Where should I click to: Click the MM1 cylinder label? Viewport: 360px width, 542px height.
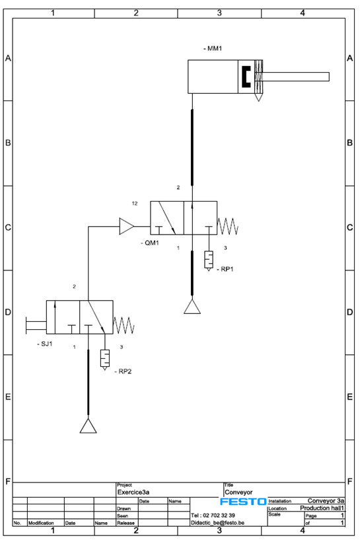tap(213, 48)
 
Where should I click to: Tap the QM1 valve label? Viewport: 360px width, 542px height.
tap(150, 243)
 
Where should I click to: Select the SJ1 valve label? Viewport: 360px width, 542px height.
tap(45, 344)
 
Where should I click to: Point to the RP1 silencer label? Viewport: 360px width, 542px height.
tap(225, 269)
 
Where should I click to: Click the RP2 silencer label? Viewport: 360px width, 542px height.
tap(123, 371)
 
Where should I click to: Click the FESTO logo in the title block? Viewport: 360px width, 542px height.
tap(243, 502)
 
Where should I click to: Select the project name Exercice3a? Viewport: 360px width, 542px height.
tap(133, 492)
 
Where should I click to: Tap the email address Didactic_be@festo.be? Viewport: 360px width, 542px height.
tap(218, 523)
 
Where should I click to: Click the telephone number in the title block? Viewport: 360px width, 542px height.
tap(213, 516)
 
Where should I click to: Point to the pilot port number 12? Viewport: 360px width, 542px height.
tap(135, 204)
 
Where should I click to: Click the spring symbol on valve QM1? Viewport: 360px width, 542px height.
tap(228, 227)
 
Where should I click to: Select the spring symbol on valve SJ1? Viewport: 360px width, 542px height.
tap(124, 326)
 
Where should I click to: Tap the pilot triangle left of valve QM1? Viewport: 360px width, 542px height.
tap(126, 227)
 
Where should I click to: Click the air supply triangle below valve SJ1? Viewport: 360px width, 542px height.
tap(88, 427)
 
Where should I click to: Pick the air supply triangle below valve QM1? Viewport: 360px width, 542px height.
tap(192, 307)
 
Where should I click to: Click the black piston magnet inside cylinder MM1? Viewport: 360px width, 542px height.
tap(246, 77)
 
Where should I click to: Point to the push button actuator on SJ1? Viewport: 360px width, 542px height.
tap(36, 326)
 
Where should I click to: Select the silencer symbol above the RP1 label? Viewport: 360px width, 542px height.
tap(209, 260)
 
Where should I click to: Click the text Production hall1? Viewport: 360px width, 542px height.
tap(322, 508)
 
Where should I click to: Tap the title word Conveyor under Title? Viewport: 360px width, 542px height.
tap(238, 492)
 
